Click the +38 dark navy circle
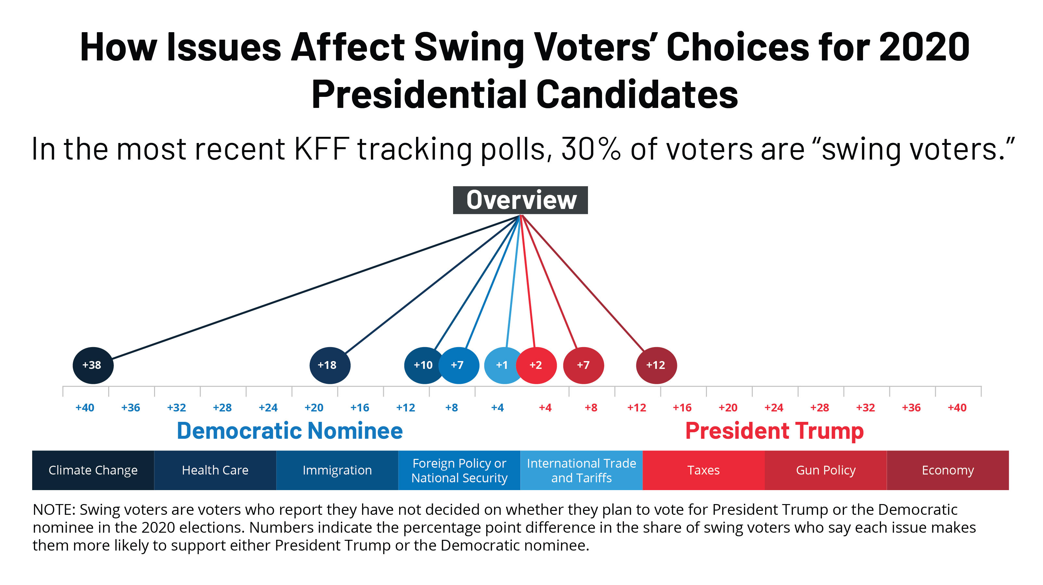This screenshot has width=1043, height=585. point(93,365)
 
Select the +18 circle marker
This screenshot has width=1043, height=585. point(330,365)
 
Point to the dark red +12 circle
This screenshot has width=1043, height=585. point(656,365)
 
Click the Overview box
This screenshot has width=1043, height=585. point(520,200)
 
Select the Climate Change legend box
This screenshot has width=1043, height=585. point(93,470)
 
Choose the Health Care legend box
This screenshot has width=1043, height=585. point(215,470)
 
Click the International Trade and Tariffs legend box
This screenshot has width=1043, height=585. point(581,470)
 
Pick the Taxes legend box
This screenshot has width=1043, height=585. point(703,470)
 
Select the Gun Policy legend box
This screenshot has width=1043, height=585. point(826,470)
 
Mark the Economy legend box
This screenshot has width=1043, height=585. point(947,470)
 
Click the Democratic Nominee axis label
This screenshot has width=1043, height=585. point(290,430)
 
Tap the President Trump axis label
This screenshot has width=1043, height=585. point(774,430)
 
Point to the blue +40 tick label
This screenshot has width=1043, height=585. point(85,408)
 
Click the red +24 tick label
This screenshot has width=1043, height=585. point(773,408)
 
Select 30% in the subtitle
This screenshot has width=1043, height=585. point(591,149)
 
